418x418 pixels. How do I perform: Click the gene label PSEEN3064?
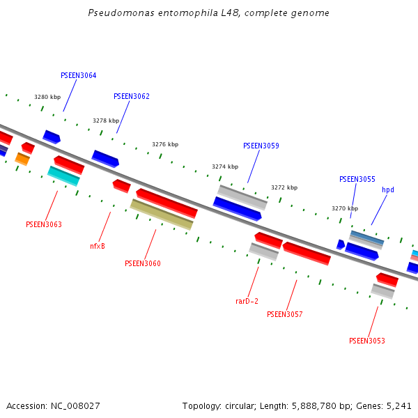(79, 75)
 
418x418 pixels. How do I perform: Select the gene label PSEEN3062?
(132, 96)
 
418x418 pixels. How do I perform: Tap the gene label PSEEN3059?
(261, 146)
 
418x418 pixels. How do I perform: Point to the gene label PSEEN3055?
(357, 179)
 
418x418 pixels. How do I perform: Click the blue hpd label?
(388, 189)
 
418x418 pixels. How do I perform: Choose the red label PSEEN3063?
(44, 224)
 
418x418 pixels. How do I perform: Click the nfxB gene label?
(98, 246)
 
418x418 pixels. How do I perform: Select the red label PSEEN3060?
(143, 263)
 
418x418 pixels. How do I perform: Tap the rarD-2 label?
(247, 301)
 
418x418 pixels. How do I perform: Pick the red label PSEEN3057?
(285, 314)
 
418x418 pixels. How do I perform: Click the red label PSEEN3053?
(367, 341)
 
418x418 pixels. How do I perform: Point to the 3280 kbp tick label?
(47, 98)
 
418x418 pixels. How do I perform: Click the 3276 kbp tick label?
(165, 144)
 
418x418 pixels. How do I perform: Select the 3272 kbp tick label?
(284, 187)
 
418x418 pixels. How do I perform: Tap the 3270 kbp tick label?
(345, 208)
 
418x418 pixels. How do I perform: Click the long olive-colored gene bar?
(162, 215)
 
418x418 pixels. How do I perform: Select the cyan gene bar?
(63, 176)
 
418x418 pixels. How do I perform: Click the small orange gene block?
(22, 160)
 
